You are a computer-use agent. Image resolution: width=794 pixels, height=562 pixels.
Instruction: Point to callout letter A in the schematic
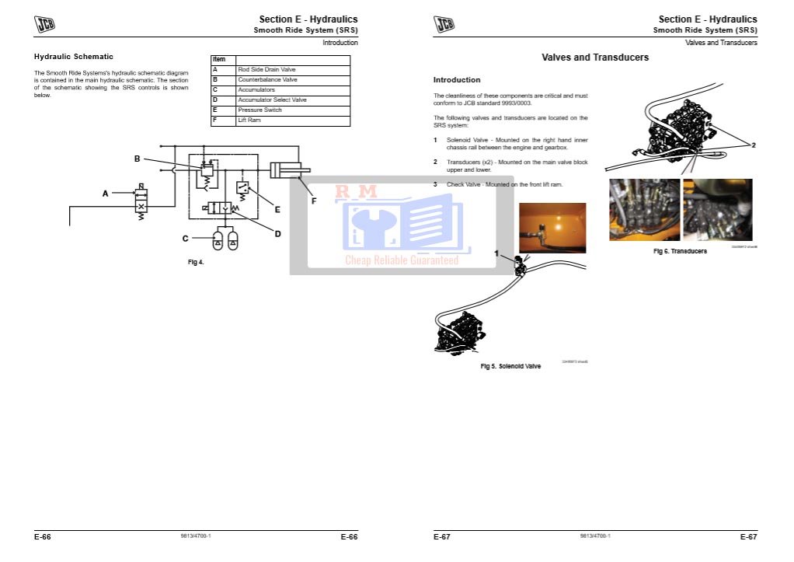click(106, 194)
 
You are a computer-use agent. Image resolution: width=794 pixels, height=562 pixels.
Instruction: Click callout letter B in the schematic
click(137, 159)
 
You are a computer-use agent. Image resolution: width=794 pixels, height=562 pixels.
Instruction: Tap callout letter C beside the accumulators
click(186, 238)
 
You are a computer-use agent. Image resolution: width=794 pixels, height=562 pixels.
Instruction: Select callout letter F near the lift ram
click(314, 201)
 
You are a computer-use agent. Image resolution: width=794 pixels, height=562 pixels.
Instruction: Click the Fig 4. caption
click(196, 262)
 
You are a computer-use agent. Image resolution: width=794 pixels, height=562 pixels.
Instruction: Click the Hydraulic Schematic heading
click(74, 57)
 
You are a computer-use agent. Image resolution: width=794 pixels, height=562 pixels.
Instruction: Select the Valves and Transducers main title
click(595, 58)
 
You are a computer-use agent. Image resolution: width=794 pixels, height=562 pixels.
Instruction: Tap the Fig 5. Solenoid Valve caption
click(510, 366)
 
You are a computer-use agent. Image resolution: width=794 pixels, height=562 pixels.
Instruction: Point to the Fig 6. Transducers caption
click(680, 252)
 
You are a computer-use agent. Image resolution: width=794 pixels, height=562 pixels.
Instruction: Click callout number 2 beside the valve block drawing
click(753, 145)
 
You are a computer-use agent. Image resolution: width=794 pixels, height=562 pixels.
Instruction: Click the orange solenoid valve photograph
click(552, 228)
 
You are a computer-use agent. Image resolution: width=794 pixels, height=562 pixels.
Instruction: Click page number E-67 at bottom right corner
click(748, 536)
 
